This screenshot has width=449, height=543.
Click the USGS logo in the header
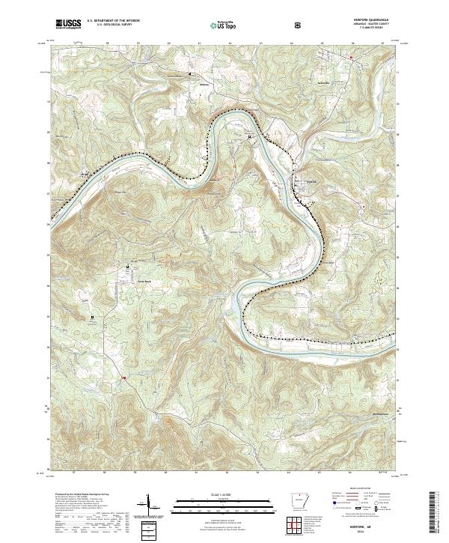point(69,24)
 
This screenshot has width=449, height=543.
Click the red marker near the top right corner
point(350,56)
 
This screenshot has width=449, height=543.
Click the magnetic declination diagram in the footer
point(148,508)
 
